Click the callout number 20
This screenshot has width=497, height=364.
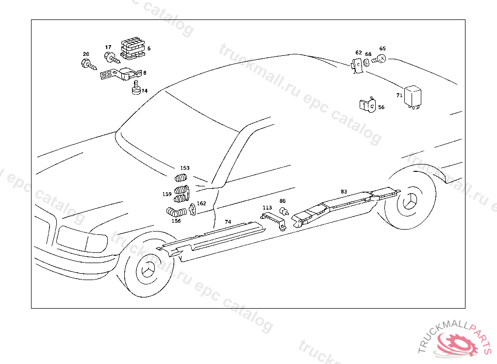coord(86,54)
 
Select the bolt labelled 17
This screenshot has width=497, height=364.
coord(111,59)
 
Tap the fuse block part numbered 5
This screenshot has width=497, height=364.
coord(133,47)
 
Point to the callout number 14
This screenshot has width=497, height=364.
coord(144,91)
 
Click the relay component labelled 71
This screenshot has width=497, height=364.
coord(413,95)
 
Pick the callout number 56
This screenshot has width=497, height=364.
coord(381,107)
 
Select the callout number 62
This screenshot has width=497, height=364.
coord(359,52)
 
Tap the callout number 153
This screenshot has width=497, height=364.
coord(185,168)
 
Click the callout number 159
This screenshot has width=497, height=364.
coord(167,194)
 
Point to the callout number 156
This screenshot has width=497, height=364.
coord(176,221)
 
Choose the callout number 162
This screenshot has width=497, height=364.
coord(201,203)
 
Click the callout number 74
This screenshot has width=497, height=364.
coord(228,222)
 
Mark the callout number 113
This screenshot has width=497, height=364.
coord(267,208)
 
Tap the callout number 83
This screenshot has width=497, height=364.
coord(344,192)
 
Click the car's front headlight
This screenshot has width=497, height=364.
coord(82,238)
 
